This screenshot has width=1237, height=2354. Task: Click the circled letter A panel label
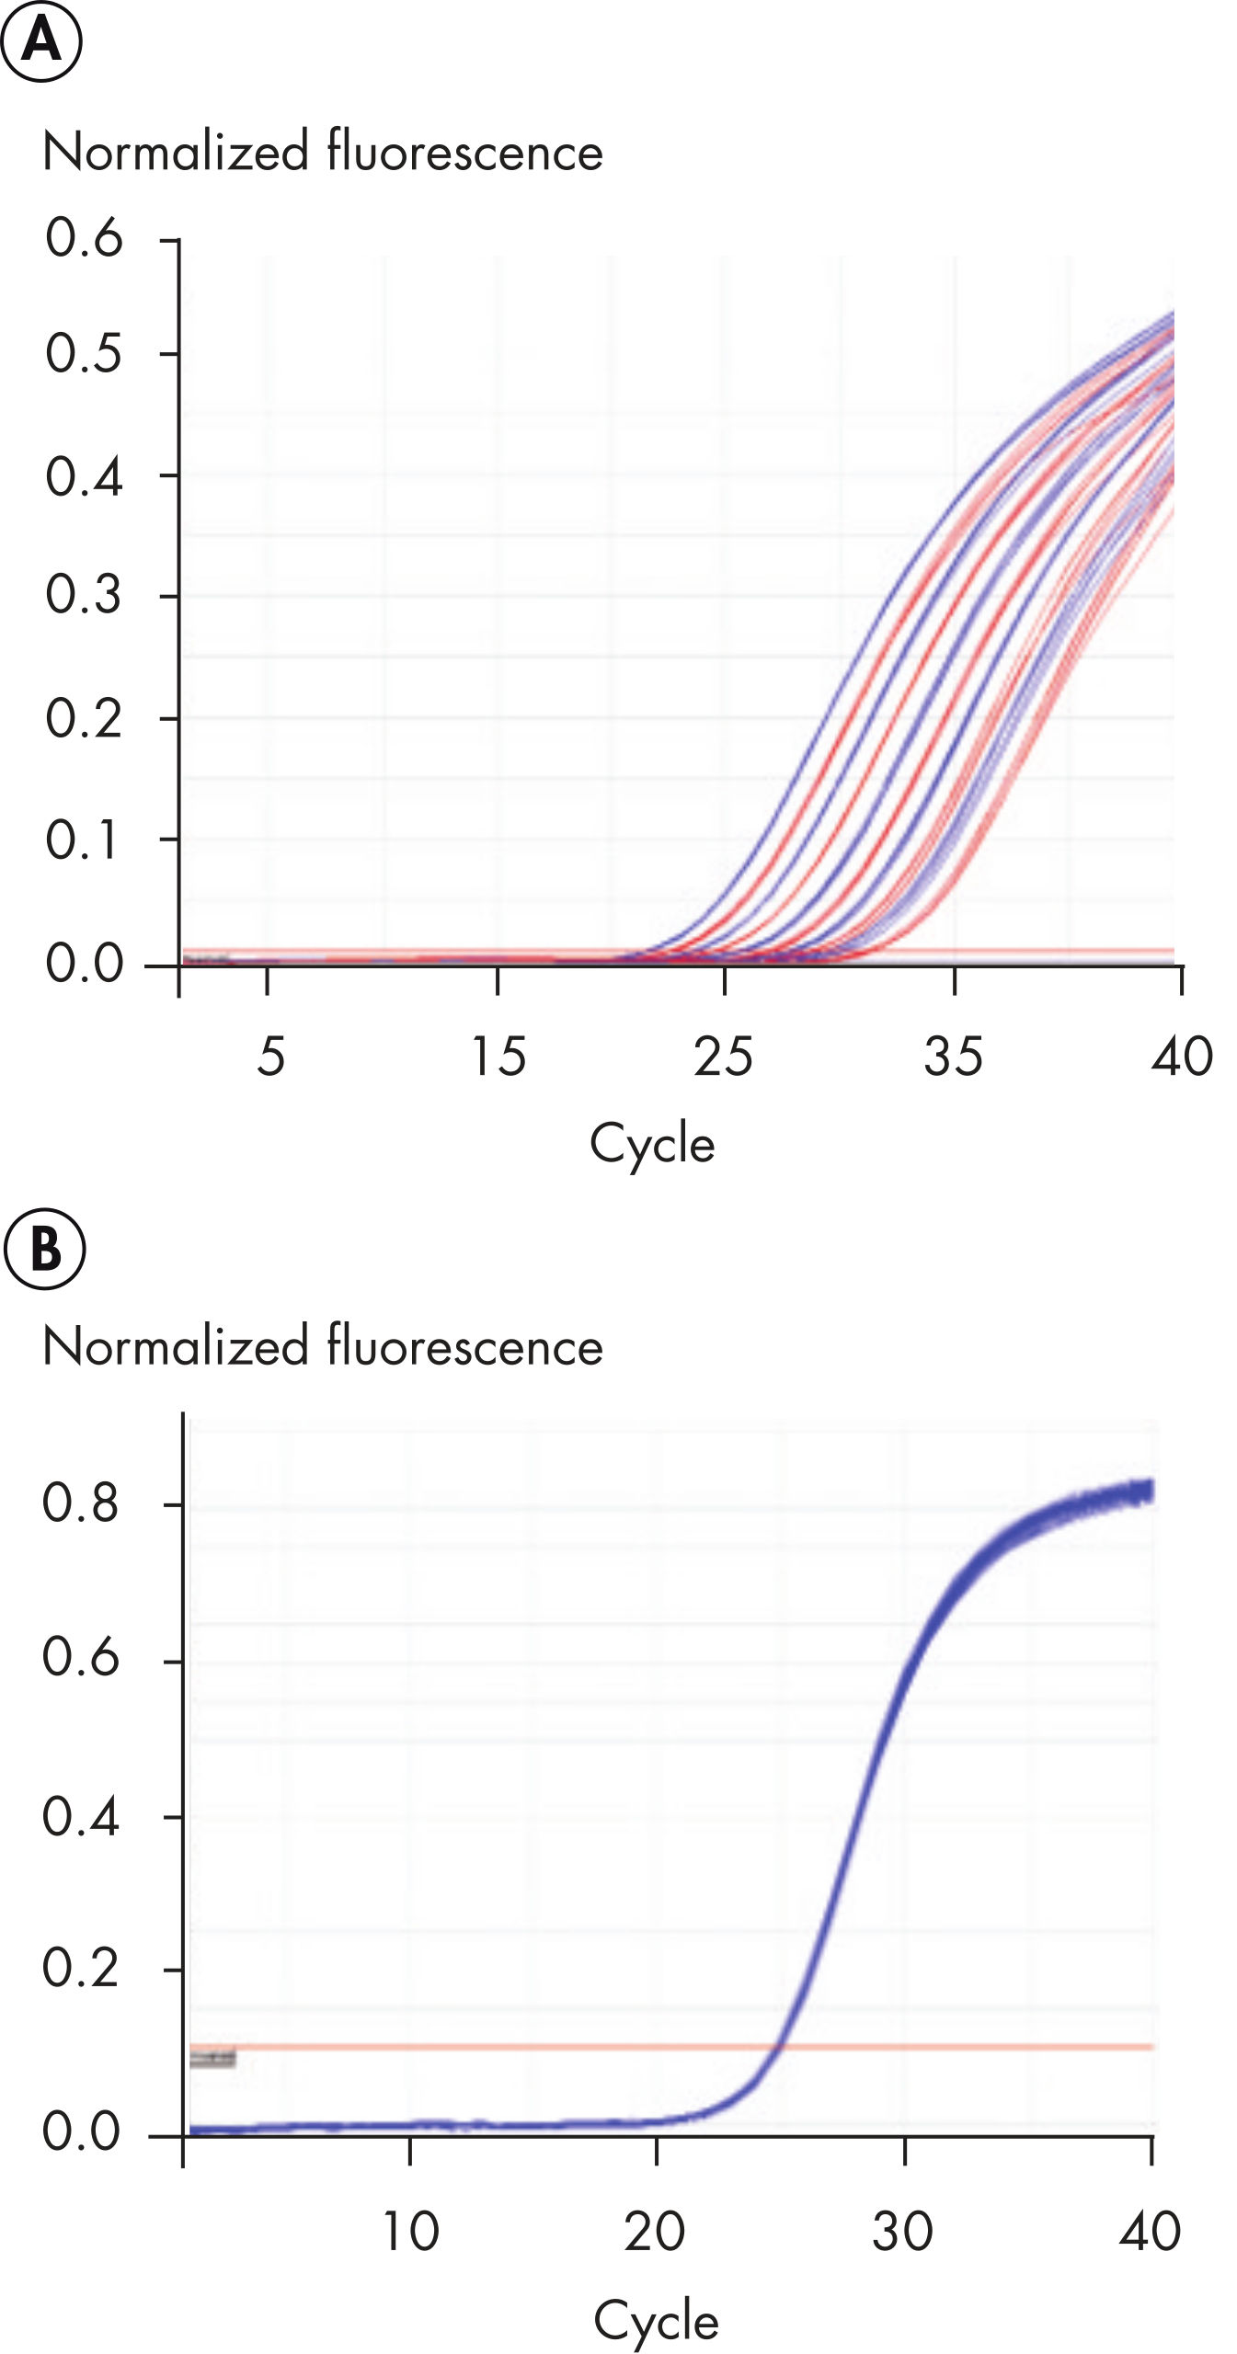[x=41, y=41]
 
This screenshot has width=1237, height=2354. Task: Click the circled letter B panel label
[x=44, y=1250]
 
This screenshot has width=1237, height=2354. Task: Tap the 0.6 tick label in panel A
[x=84, y=237]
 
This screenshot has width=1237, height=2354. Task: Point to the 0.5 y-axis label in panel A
[x=84, y=353]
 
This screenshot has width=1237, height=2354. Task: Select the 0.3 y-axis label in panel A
[x=84, y=594]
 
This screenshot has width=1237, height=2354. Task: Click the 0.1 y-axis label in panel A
[x=84, y=840]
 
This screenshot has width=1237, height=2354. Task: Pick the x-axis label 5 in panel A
[x=270, y=1057]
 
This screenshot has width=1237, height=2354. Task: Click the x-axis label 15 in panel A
[x=498, y=1057]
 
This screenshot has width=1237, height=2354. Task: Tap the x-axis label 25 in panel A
[x=723, y=1057]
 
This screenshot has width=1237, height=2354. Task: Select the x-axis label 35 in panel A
[x=954, y=1057]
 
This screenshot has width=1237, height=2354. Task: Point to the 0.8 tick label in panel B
[x=81, y=1503]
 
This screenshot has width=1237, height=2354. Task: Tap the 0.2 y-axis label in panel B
[x=81, y=1969]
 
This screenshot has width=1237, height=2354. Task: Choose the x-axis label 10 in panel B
[x=410, y=2232]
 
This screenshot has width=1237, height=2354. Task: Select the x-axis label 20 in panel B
[x=655, y=2232]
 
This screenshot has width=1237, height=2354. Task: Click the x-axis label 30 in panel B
[x=903, y=2232]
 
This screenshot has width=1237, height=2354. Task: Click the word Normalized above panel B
[x=176, y=1347]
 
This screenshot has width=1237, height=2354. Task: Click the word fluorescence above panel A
[x=465, y=152]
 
